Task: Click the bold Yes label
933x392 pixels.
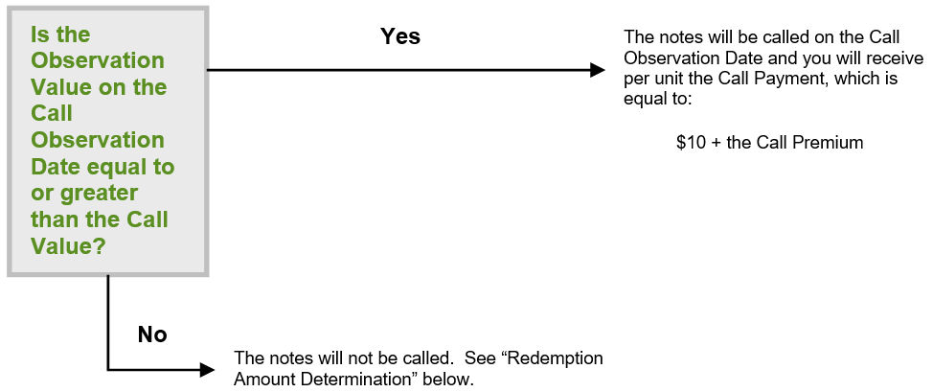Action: click(400, 36)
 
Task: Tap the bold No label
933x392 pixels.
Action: click(152, 334)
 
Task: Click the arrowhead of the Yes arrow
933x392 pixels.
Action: click(598, 70)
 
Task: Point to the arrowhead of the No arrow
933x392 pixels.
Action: click(207, 370)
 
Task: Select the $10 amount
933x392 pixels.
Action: click(691, 143)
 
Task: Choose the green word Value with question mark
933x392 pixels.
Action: click(68, 245)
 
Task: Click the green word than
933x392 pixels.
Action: click(56, 219)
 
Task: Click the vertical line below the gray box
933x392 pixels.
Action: click(108, 322)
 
